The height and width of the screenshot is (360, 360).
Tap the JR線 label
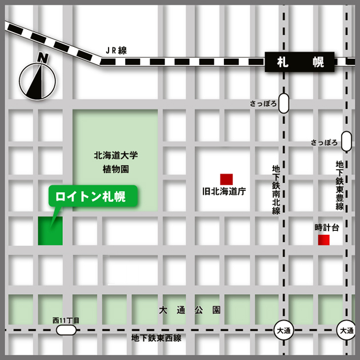pos(116,50)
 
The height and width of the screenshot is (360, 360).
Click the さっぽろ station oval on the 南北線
pos(284,104)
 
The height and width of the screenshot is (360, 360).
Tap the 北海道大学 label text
pos(117,155)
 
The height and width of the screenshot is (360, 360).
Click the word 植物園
pos(117,170)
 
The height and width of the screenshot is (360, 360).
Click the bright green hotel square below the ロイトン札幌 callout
pos(50,231)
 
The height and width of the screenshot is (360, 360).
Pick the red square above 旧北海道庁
pos(227,178)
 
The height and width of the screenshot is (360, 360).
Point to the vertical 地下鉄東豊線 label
pos(339,185)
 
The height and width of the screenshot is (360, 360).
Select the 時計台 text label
pos(326,227)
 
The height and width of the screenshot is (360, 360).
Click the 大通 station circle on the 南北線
pos(283,331)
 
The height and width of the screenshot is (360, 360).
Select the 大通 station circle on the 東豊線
pos(346,331)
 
